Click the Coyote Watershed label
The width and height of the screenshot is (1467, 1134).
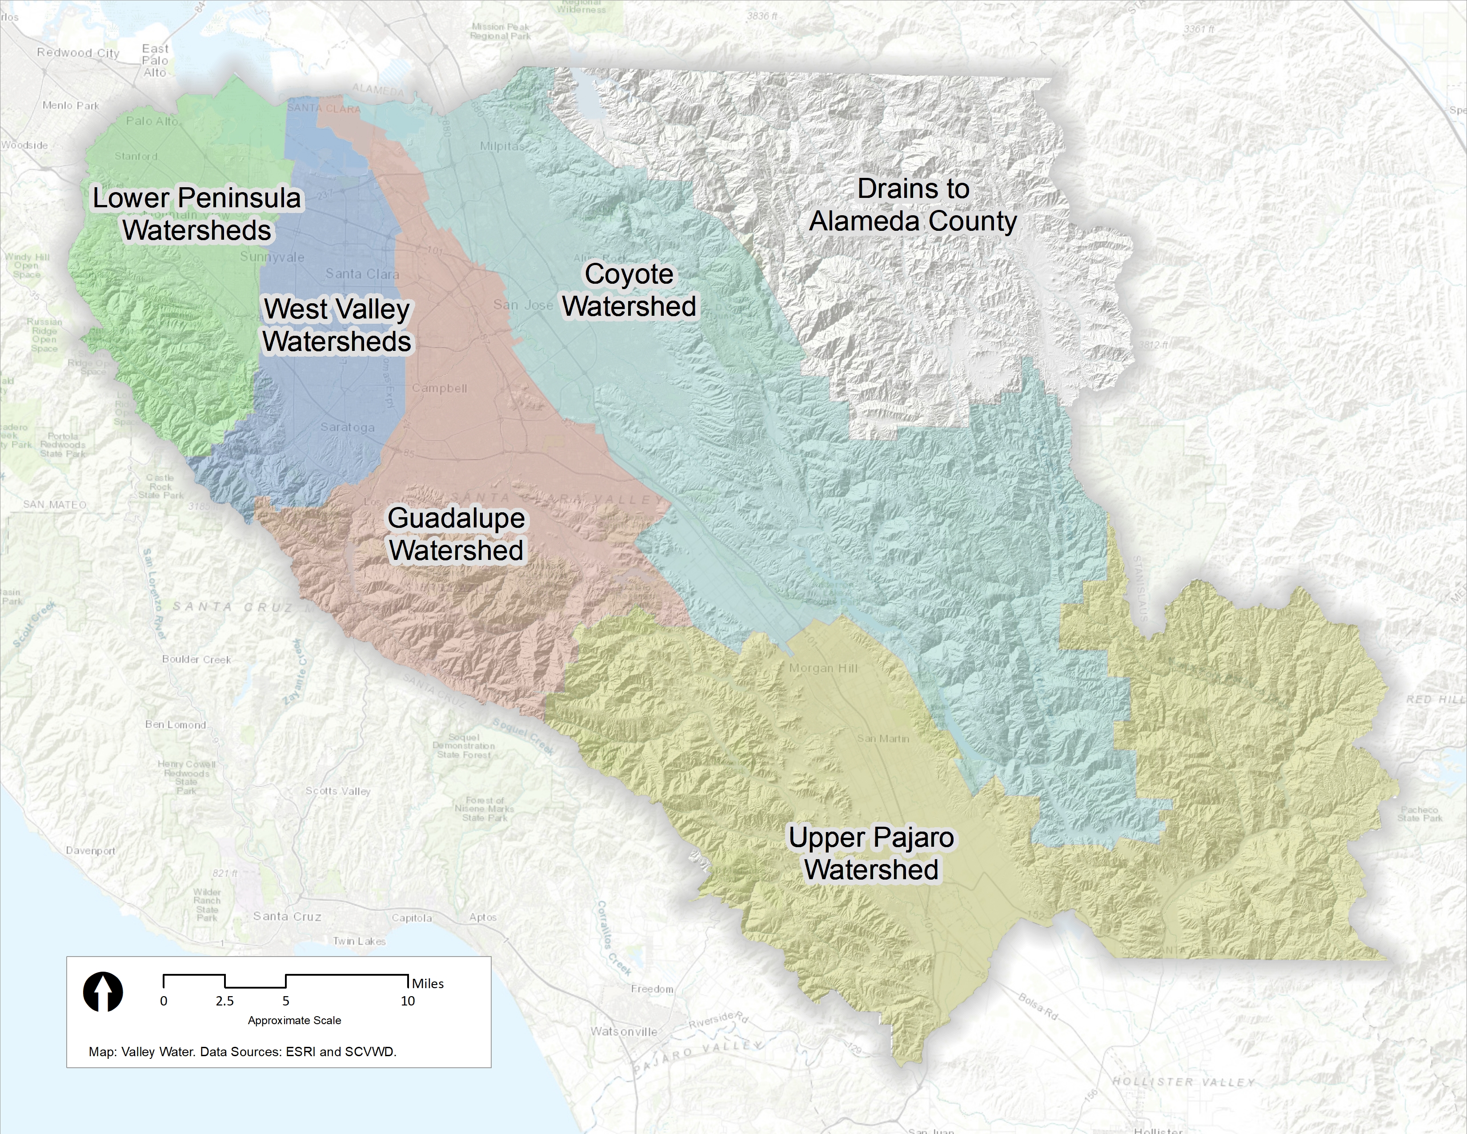click(x=629, y=290)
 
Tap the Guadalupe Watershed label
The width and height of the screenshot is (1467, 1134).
click(x=456, y=534)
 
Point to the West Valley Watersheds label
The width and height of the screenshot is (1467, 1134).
click(x=337, y=325)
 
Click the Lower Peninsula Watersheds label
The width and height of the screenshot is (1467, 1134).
click(x=197, y=213)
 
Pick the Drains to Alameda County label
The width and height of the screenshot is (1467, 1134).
click(x=913, y=205)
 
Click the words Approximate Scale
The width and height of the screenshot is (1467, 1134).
click(x=294, y=1021)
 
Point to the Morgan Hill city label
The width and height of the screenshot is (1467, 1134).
click(x=823, y=668)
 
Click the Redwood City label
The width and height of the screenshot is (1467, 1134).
click(x=78, y=53)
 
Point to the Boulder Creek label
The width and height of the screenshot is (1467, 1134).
click(x=196, y=659)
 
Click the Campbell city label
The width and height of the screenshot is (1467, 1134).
click(x=439, y=388)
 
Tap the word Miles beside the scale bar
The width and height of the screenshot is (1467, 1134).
click(x=428, y=984)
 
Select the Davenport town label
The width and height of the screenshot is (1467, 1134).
click(x=91, y=850)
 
